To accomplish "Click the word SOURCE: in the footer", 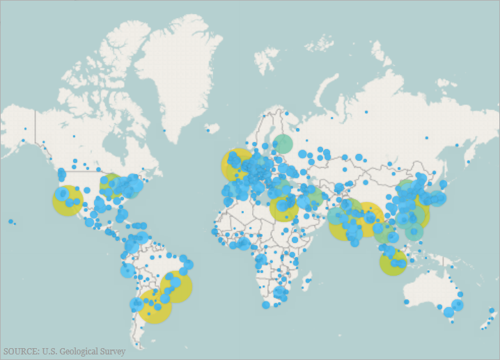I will [21, 352].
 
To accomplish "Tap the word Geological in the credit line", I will [77, 352].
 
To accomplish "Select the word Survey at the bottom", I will [113, 352].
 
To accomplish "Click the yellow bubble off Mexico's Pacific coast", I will [67, 201].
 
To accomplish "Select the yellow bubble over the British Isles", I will [237, 164].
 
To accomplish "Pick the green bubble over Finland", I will [283, 144].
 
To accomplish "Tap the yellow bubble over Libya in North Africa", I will [284, 208].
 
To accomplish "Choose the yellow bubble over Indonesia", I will [393, 263].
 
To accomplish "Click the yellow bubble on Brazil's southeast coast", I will [175, 287].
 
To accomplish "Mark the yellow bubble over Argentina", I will [153, 306].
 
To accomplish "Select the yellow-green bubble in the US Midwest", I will [111, 186].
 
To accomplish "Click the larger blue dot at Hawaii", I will [10, 221].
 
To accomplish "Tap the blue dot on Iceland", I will [208, 130].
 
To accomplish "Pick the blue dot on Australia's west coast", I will [406, 302].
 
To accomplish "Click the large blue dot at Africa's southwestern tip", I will [266, 305].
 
